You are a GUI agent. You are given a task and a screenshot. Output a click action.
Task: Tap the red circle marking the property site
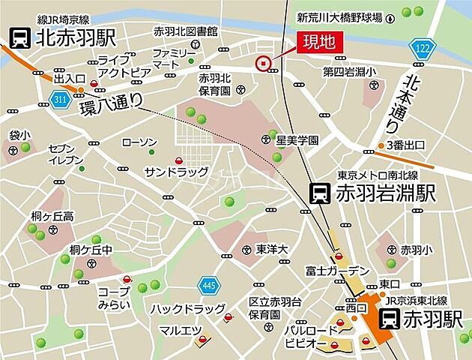coord(263,64)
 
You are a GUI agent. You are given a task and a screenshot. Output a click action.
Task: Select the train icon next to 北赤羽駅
coord(19,35)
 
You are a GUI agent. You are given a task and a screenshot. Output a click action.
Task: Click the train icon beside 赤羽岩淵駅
coord(320,193)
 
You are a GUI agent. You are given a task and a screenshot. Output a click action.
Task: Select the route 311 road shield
coord(61,97)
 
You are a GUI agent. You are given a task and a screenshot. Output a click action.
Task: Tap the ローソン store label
coord(139,142)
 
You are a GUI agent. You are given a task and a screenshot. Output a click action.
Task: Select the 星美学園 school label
coord(297,140)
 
